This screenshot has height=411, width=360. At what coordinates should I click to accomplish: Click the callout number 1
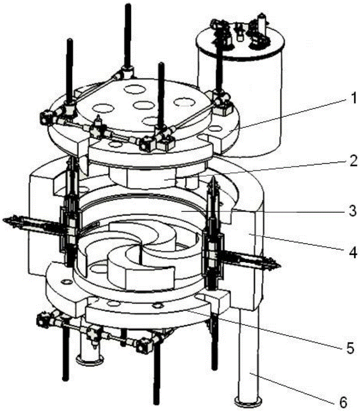point(354,99)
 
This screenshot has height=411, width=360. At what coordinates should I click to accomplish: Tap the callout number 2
point(353,161)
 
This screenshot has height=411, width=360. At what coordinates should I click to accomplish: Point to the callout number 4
point(353,253)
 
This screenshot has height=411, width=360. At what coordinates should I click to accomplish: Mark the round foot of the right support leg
point(248,399)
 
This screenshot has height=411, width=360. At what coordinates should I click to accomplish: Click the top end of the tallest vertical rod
point(128,5)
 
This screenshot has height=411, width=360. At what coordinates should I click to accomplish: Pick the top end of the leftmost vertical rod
point(70,40)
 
